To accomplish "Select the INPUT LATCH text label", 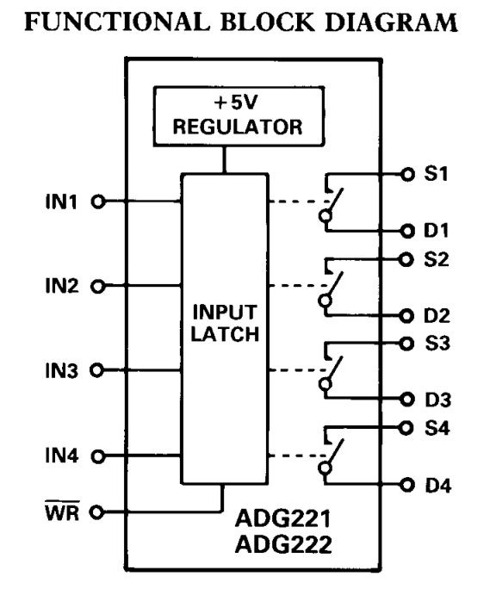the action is (225, 323).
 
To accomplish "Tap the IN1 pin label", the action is (61, 201).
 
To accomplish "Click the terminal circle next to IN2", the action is (97, 287).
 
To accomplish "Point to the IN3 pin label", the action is (62, 371).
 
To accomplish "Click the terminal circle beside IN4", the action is (97, 456).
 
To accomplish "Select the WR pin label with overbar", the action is (62, 511).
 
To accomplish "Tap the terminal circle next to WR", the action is (97, 512).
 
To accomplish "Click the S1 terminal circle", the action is (407, 174).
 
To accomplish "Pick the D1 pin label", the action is (437, 231).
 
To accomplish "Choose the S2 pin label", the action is (437, 259).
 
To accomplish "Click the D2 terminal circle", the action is (406, 316).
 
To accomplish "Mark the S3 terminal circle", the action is (406, 344).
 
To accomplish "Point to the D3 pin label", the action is (438, 400).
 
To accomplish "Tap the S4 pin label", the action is (437, 428).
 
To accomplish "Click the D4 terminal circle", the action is (407, 486).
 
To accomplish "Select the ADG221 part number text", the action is (283, 518).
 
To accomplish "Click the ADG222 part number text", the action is (283, 544).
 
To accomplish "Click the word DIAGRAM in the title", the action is (391, 22).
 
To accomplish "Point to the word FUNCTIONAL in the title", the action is (117, 22).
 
